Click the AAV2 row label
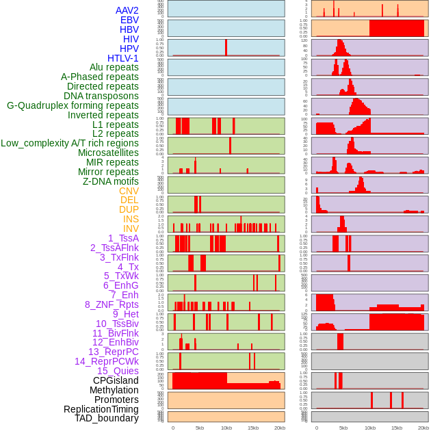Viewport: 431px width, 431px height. [127, 10]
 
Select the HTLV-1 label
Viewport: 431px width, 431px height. [122, 58]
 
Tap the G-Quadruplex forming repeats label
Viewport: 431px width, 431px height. [73, 105]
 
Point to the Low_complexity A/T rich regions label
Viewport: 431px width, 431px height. [70, 143]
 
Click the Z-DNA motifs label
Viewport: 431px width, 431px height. [110, 181]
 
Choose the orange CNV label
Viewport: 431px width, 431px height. [129, 191]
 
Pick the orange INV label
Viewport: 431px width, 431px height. [131, 228]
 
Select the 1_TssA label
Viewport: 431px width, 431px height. [123, 238]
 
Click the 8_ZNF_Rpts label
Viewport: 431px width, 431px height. [112, 304]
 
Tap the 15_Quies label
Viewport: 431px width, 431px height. [118, 371]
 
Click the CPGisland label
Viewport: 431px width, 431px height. [116, 380]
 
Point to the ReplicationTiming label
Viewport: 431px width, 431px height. [101, 409]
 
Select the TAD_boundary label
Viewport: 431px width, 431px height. [106, 418]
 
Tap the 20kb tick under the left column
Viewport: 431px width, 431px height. [279, 428]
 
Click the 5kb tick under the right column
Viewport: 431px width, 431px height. [343, 428]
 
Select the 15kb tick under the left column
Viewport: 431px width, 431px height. [252, 428]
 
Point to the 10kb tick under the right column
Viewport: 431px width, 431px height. [369, 428]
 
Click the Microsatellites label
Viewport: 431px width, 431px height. [108, 153]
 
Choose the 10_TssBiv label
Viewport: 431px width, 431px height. [117, 324]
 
